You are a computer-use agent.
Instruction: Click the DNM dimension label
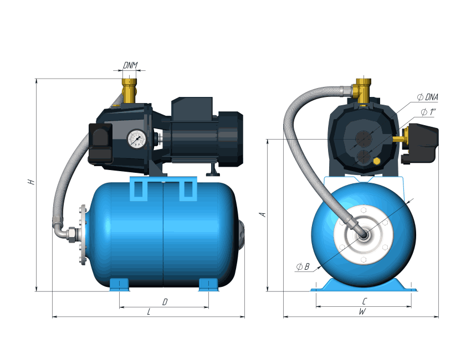coord(130,65)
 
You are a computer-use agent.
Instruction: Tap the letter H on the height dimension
coord(31,182)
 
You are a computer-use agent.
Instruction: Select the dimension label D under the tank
coord(165,302)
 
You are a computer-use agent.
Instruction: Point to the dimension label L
coord(149,312)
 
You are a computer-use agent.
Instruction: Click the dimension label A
coord(263,214)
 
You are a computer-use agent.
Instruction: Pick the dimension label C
coord(365,301)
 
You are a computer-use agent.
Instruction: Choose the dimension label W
coord(362,312)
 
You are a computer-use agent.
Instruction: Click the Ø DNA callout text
coord(428,97)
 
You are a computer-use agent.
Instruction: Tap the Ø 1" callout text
coord(428,112)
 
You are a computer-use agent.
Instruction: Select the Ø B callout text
coord(303,266)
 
